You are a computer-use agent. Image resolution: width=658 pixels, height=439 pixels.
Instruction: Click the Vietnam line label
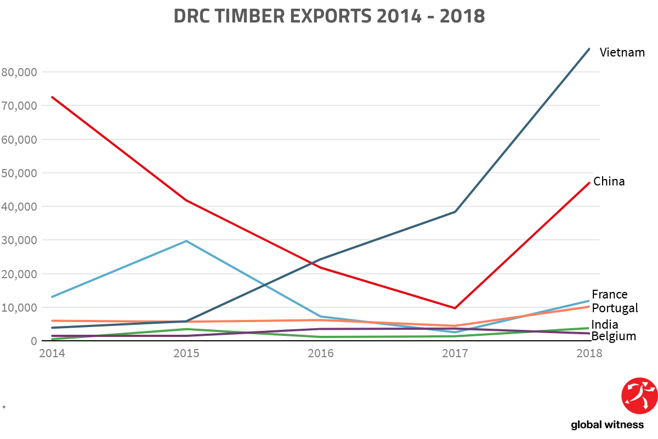pos(622,53)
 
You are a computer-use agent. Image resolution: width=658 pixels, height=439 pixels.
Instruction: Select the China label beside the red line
pos(609,181)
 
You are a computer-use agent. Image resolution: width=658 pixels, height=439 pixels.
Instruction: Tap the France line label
pos(609,295)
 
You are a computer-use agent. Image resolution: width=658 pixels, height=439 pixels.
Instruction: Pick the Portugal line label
pos(615,308)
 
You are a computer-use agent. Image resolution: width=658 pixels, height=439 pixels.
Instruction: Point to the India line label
pos(605,324)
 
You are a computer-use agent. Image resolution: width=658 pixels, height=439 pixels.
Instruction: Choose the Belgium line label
pos(614,336)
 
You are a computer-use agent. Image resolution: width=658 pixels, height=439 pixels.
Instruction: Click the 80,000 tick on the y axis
pos(20,72)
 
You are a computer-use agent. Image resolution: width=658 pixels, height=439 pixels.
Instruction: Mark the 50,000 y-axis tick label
pos(20,173)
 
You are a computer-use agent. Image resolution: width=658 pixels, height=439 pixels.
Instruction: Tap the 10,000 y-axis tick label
pos(20,307)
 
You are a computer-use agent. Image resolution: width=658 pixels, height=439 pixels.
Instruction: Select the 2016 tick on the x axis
pos(321,353)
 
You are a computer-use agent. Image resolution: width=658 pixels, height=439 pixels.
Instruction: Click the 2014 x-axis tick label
pos(52,353)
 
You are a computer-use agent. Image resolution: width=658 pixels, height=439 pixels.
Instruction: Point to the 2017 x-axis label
pos(455,353)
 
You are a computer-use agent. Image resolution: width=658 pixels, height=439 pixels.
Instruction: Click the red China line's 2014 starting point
pos(52,97)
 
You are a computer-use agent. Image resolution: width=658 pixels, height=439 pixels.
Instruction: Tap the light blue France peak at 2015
pos(186,241)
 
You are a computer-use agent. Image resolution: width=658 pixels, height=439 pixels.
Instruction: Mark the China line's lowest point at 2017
pos(455,308)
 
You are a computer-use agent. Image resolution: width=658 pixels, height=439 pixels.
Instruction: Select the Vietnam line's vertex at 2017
pos(455,212)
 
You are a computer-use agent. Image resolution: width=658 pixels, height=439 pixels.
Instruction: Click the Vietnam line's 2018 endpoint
pos(589,49)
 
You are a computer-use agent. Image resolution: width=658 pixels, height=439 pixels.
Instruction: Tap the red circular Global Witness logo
pos(639,396)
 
